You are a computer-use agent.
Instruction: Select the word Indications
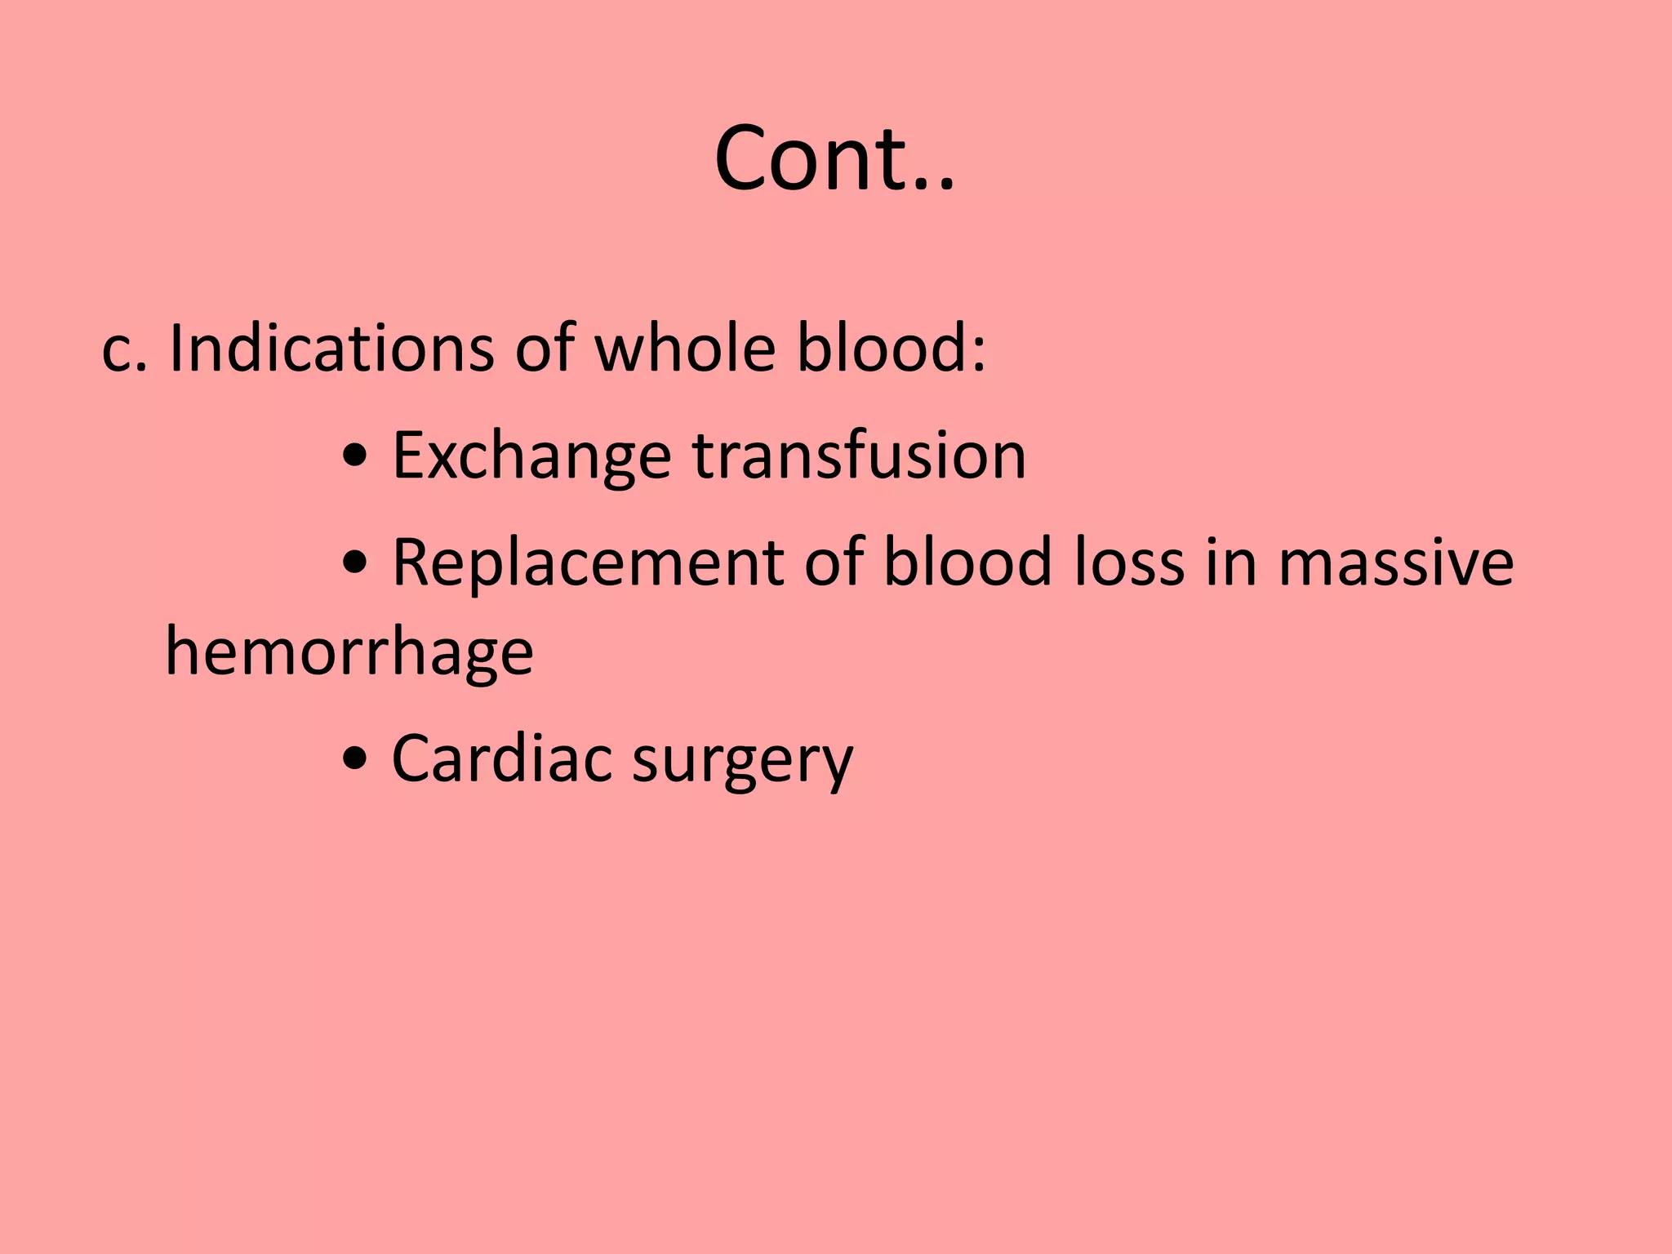click(x=331, y=349)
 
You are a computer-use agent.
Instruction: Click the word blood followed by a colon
click(x=891, y=349)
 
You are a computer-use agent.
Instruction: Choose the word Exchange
click(x=531, y=457)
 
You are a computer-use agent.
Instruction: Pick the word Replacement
click(x=588, y=563)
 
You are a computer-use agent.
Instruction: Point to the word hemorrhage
click(x=349, y=653)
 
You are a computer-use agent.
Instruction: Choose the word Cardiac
click(x=501, y=759)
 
